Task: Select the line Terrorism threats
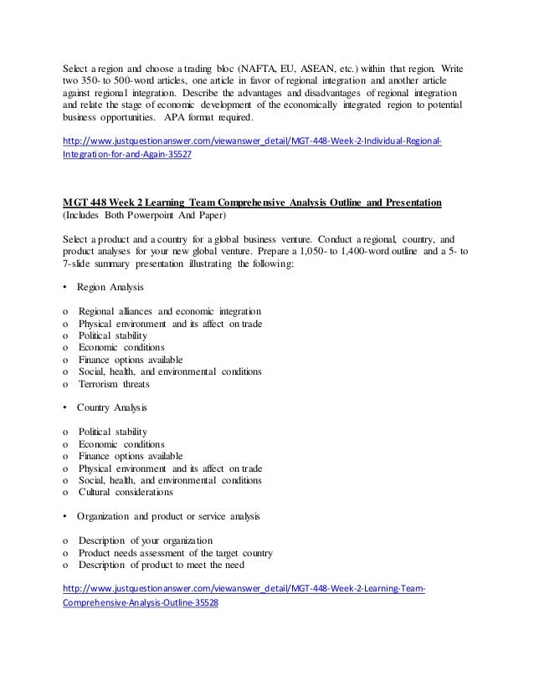114,384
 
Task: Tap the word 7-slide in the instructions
81,268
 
